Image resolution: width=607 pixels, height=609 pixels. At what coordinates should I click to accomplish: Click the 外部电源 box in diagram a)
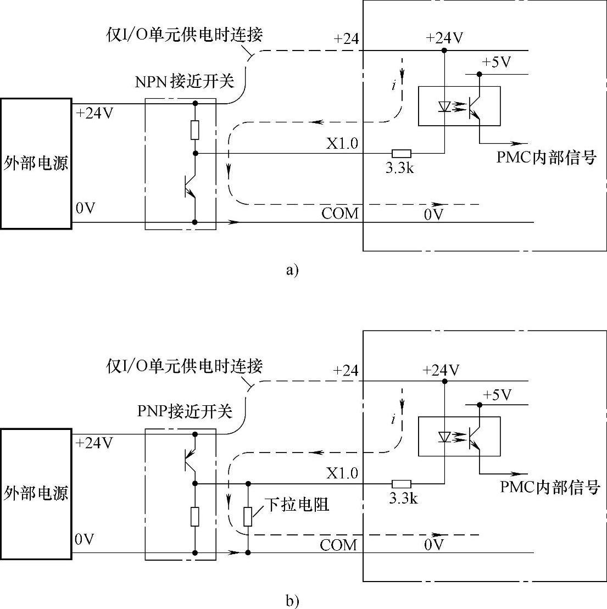(36, 163)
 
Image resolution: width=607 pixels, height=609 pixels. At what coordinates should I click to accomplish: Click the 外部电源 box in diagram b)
(36, 494)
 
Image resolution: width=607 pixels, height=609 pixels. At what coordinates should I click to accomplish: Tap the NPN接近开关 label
(185, 82)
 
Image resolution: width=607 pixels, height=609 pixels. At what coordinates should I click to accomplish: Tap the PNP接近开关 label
(184, 411)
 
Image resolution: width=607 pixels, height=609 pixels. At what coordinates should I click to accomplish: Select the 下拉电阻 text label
(297, 505)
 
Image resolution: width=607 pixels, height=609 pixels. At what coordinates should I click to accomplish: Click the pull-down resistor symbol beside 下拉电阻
(248, 517)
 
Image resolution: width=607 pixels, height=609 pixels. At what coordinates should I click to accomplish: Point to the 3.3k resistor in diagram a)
(401, 154)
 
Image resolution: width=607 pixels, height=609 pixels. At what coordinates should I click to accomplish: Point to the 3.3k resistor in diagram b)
(401, 484)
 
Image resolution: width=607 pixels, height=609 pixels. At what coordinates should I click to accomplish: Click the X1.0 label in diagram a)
(342, 144)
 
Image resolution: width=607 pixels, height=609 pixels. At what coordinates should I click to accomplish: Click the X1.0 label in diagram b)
(342, 473)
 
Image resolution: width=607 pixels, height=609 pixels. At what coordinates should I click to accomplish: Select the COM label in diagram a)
(340, 213)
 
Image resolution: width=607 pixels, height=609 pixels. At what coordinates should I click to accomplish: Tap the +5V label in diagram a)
(496, 62)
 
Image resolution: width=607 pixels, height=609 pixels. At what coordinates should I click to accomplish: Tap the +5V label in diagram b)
(497, 394)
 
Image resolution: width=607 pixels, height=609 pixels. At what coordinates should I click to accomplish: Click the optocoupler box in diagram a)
(459, 107)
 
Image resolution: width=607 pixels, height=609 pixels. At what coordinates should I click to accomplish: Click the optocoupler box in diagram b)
(459, 437)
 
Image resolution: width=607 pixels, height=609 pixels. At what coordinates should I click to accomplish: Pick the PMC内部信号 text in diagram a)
(547, 158)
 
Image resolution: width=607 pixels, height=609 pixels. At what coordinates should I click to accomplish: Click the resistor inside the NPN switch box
(195, 130)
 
